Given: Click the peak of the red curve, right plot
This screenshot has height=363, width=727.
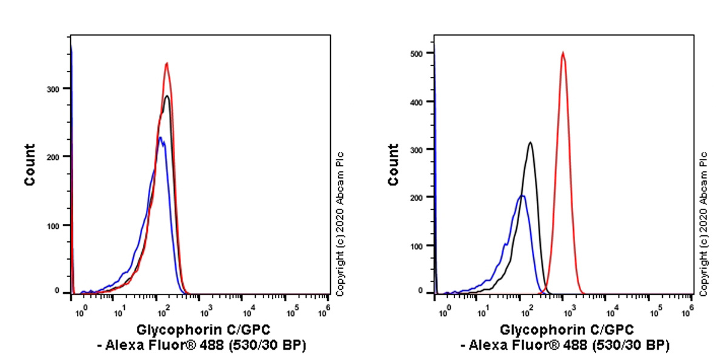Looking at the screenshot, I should [563, 53].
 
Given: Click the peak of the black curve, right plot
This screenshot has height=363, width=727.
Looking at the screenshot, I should [530, 143].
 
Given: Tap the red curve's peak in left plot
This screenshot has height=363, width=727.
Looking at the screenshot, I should [167, 63].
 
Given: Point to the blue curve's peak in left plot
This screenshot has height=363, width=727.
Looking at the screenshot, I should [159, 138].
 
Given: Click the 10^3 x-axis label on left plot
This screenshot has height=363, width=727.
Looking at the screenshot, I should [205, 310].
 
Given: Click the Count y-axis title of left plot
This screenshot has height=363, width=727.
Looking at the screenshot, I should [30, 165].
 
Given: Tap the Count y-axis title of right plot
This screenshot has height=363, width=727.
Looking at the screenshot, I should [393, 165].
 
